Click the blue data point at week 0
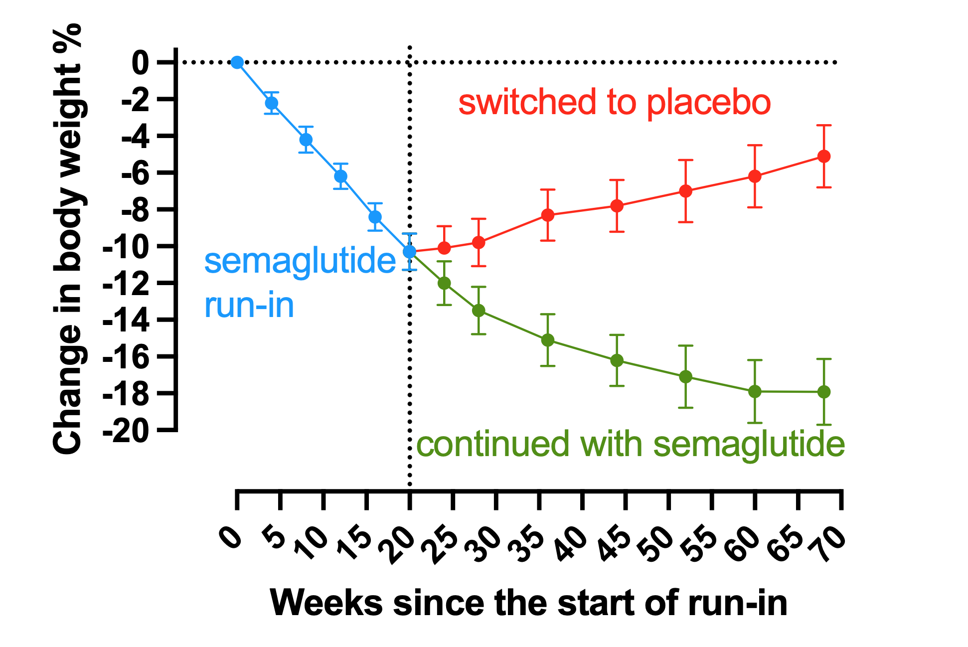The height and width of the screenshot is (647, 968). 237,62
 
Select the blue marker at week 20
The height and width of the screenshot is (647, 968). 410,252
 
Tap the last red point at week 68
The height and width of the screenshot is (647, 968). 824,157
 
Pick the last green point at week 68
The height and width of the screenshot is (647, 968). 824,392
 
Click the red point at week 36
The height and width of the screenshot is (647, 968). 548,215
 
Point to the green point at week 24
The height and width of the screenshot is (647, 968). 444,283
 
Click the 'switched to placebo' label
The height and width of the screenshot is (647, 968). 614,102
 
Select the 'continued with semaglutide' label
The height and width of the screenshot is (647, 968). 630,445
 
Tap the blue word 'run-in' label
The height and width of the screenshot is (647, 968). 249,305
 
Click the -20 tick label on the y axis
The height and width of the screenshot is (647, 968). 126,430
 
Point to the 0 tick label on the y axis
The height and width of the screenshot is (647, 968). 140,63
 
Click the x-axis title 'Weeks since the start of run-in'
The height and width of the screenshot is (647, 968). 528,603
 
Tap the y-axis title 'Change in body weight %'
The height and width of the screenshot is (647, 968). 67,239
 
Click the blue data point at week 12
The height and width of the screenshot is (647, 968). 341,176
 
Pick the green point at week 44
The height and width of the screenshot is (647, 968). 617,360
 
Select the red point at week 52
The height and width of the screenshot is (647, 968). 686,191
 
